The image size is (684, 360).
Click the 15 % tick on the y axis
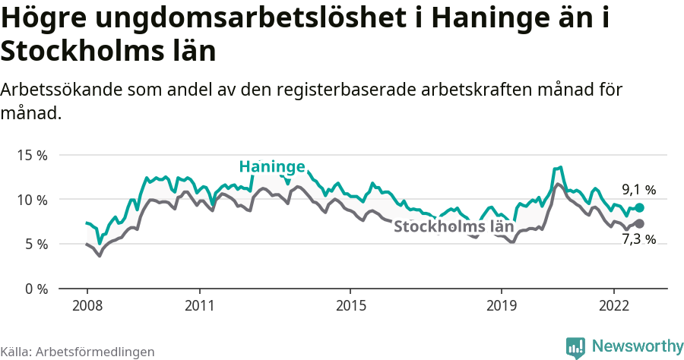click(x=32, y=155)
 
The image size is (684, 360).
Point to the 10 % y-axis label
click(x=32, y=200)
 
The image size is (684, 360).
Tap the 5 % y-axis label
click(x=35, y=245)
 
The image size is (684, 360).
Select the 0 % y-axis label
click(x=35, y=289)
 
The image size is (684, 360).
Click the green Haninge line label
click(x=272, y=167)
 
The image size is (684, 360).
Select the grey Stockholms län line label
click(x=454, y=226)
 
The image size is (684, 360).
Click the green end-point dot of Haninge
click(x=640, y=207)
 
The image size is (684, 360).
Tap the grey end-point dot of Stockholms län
click(x=640, y=223)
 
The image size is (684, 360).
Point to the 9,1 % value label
click(x=638, y=190)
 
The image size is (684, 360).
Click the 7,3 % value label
click(x=638, y=240)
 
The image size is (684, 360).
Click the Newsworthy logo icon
click(x=575, y=347)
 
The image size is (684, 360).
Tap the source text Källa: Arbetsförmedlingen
click(x=78, y=352)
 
